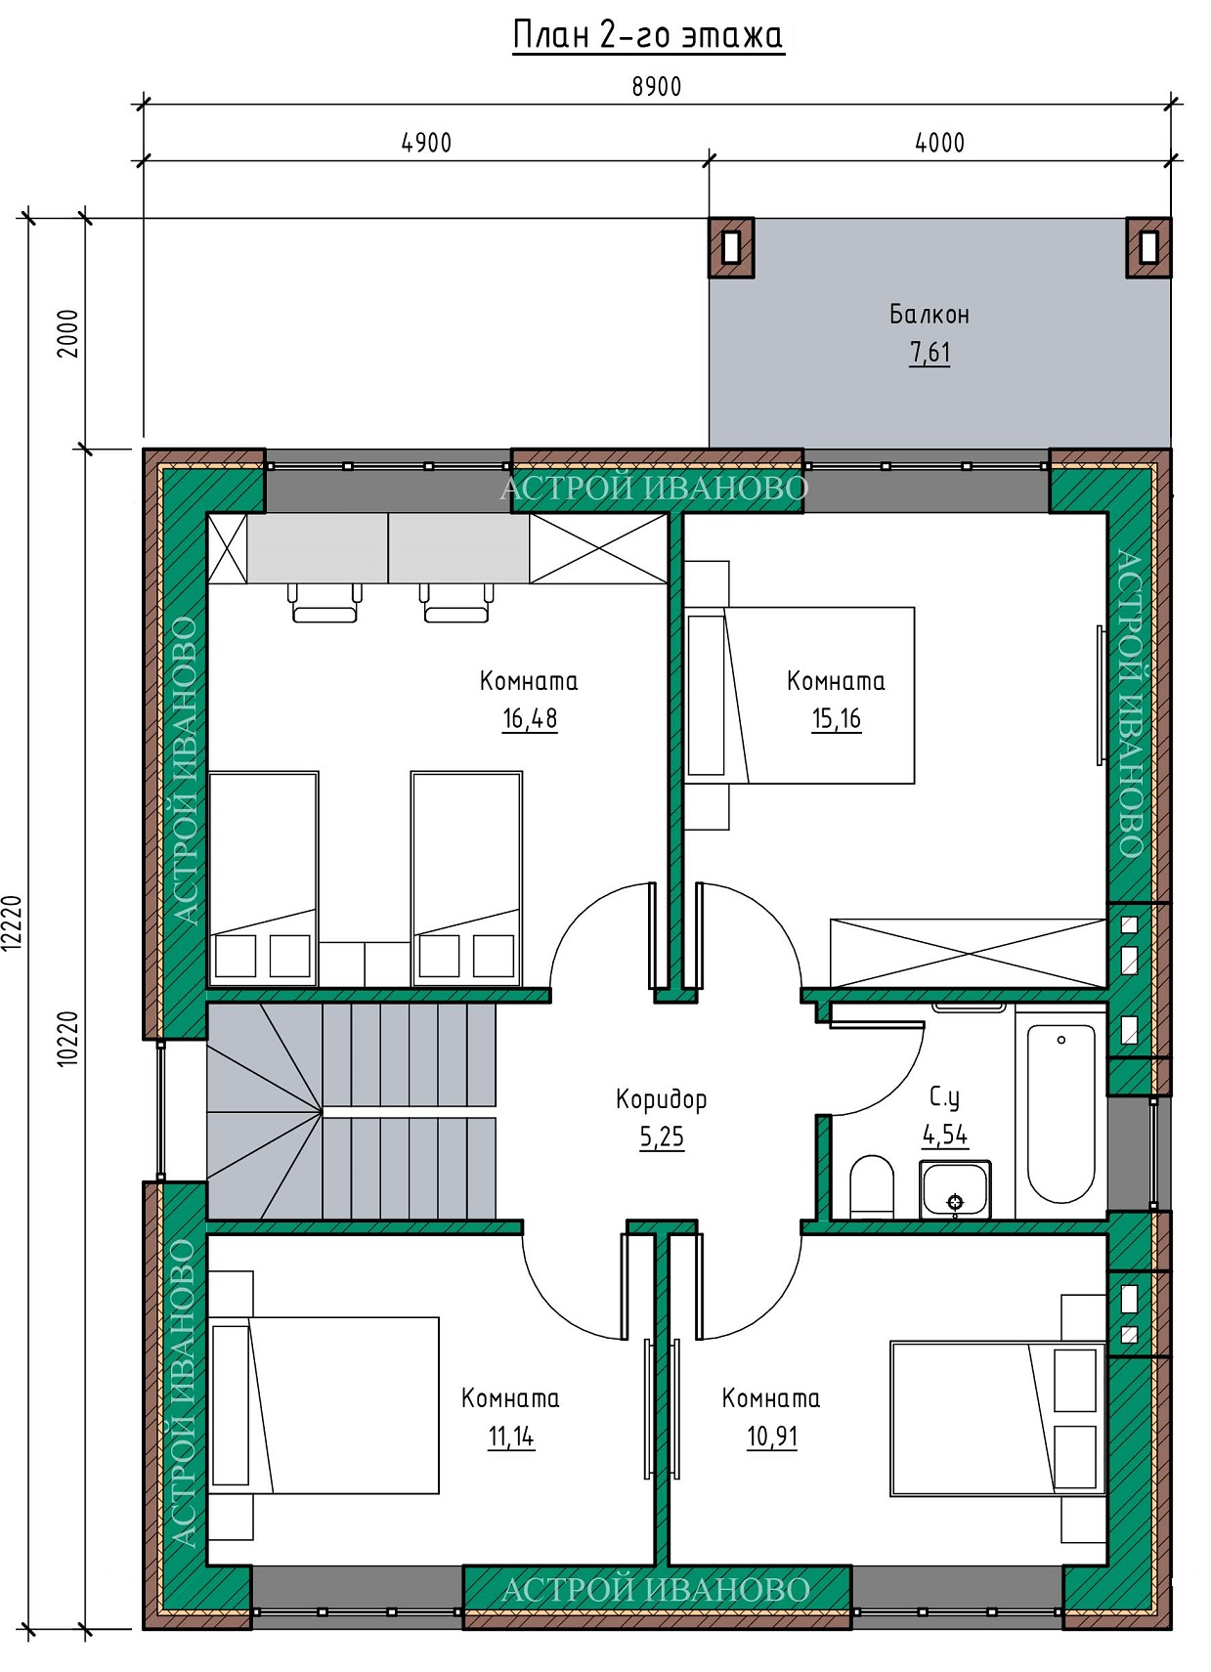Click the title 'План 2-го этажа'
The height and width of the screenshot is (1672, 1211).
(648, 36)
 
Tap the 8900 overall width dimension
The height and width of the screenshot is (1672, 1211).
(656, 87)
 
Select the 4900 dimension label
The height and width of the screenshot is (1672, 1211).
(426, 143)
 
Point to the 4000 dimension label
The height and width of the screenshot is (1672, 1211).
(939, 143)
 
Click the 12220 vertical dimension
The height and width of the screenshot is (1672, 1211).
(12, 923)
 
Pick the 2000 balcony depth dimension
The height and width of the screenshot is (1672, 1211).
(68, 333)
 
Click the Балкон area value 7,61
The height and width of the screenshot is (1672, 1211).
(930, 352)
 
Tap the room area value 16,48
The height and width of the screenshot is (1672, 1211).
(530, 718)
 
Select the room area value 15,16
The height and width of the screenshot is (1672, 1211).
(837, 718)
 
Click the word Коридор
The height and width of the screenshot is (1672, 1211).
(661, 1099)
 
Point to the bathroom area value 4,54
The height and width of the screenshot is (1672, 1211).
(945, 1136)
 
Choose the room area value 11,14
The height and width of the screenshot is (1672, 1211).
(511, 1436)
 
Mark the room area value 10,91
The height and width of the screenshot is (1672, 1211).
(772, 1436)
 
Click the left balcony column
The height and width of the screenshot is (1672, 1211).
(731, 248)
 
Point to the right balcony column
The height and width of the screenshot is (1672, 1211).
(1148, 248)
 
